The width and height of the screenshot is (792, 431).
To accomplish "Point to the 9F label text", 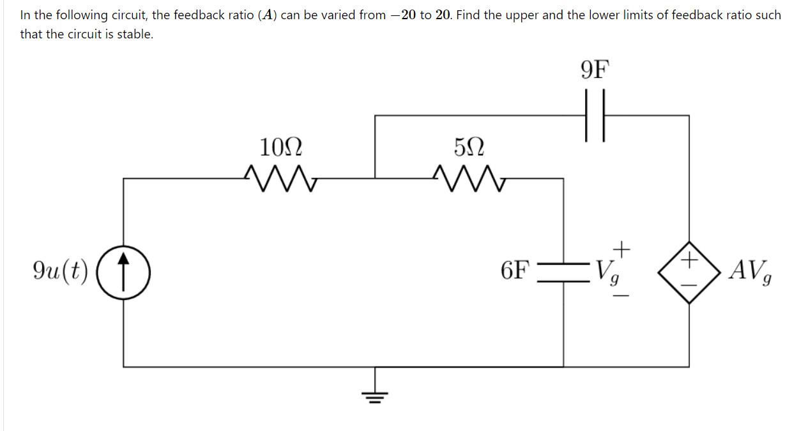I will tap(595, 69).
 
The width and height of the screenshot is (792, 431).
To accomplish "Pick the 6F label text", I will tap(515, 271).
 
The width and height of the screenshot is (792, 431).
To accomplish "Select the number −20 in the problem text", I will tap(402, 14).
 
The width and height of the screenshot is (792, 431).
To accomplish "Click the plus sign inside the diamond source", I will tap(689, 260).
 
